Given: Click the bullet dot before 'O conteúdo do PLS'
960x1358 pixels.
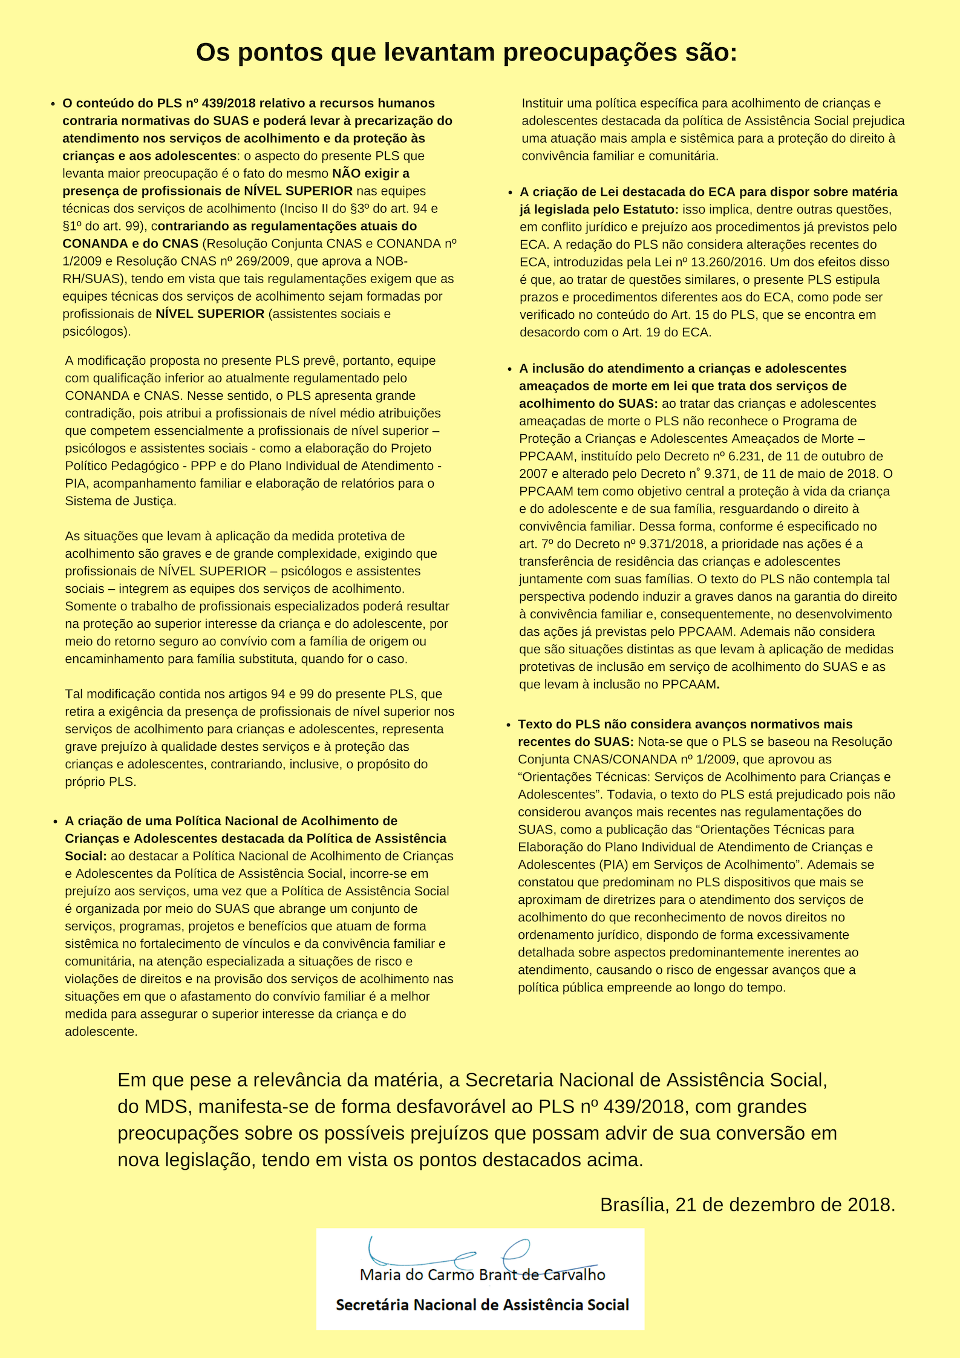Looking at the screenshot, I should tap(53, 104).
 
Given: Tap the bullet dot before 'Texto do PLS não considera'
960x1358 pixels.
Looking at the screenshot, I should tap(509, 725).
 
